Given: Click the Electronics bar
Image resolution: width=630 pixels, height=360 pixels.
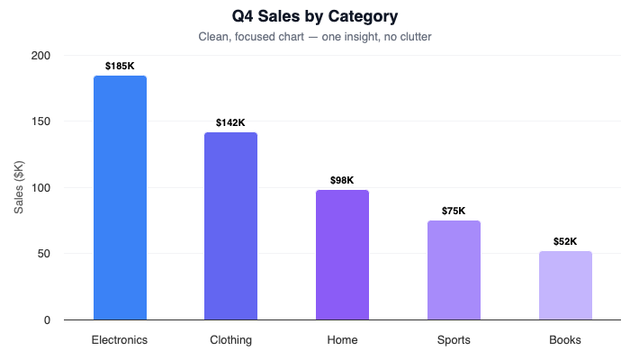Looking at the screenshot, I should click(120, 198).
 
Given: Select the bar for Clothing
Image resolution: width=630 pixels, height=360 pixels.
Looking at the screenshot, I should click(230, 226).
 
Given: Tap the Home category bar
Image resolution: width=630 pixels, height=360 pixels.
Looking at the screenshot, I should click(342, 255).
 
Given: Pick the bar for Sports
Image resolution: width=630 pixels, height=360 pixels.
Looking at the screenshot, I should click(454, 270).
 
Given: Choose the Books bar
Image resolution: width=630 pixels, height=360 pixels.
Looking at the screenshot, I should click(565, 285).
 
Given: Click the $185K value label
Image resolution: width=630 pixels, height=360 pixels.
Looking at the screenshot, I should click(120, 66).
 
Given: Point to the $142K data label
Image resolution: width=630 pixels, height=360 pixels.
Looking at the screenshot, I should click(230, 122).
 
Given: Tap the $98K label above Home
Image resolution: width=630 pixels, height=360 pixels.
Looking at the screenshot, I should click(342, 180).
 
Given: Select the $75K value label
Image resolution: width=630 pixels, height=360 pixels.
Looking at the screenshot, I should click(454, 211).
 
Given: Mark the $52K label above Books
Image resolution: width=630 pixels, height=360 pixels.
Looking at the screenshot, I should click(565, 241).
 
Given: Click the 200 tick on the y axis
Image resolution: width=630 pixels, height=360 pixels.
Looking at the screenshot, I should click(41, 56).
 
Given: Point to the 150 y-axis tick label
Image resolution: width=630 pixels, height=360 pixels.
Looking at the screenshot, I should click(41, 121).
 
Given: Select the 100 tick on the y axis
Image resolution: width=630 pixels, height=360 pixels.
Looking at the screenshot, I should click(41, 188).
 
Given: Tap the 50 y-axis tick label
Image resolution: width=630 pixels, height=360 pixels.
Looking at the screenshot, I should click(45, 254).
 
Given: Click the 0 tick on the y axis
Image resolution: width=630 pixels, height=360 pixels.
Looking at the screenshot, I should click(48, 320).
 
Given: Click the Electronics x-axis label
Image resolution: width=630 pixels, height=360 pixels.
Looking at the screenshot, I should click(120, 340).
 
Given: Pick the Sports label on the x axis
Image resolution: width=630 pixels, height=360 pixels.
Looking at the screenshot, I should click(454, 340).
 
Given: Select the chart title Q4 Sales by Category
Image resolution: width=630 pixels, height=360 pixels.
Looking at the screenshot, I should click(315, 16).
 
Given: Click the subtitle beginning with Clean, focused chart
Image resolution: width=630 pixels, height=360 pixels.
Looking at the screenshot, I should click(315, 37).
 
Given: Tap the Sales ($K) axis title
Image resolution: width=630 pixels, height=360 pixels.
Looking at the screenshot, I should click(19, 187).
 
